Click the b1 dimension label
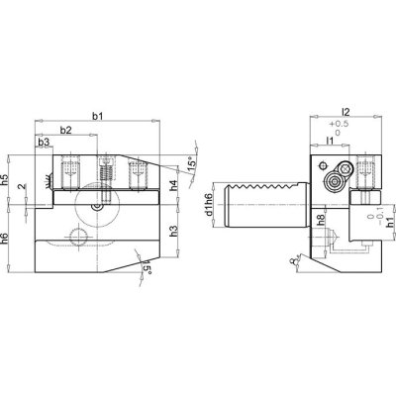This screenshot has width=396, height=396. [96, 118]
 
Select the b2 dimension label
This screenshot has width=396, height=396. [65, 131]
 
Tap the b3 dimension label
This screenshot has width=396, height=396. [45, 144]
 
